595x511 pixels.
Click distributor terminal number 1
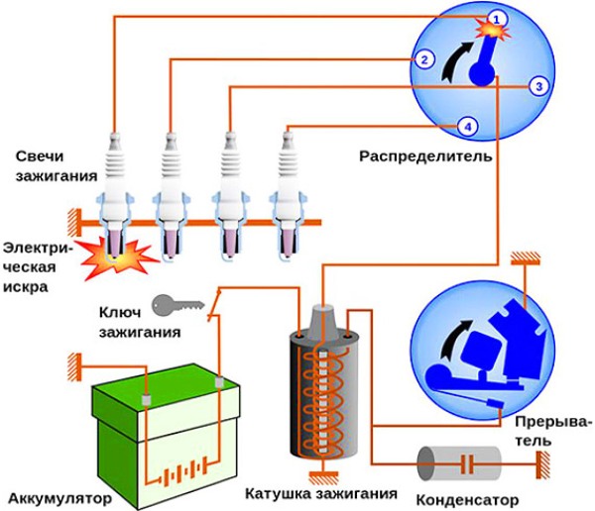pos(498,18)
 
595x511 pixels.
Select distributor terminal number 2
pos(423,58)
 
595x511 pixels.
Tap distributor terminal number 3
pos(536,86)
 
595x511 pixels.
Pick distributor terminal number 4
pos(467,125)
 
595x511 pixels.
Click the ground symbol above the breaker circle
pos(524,260)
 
